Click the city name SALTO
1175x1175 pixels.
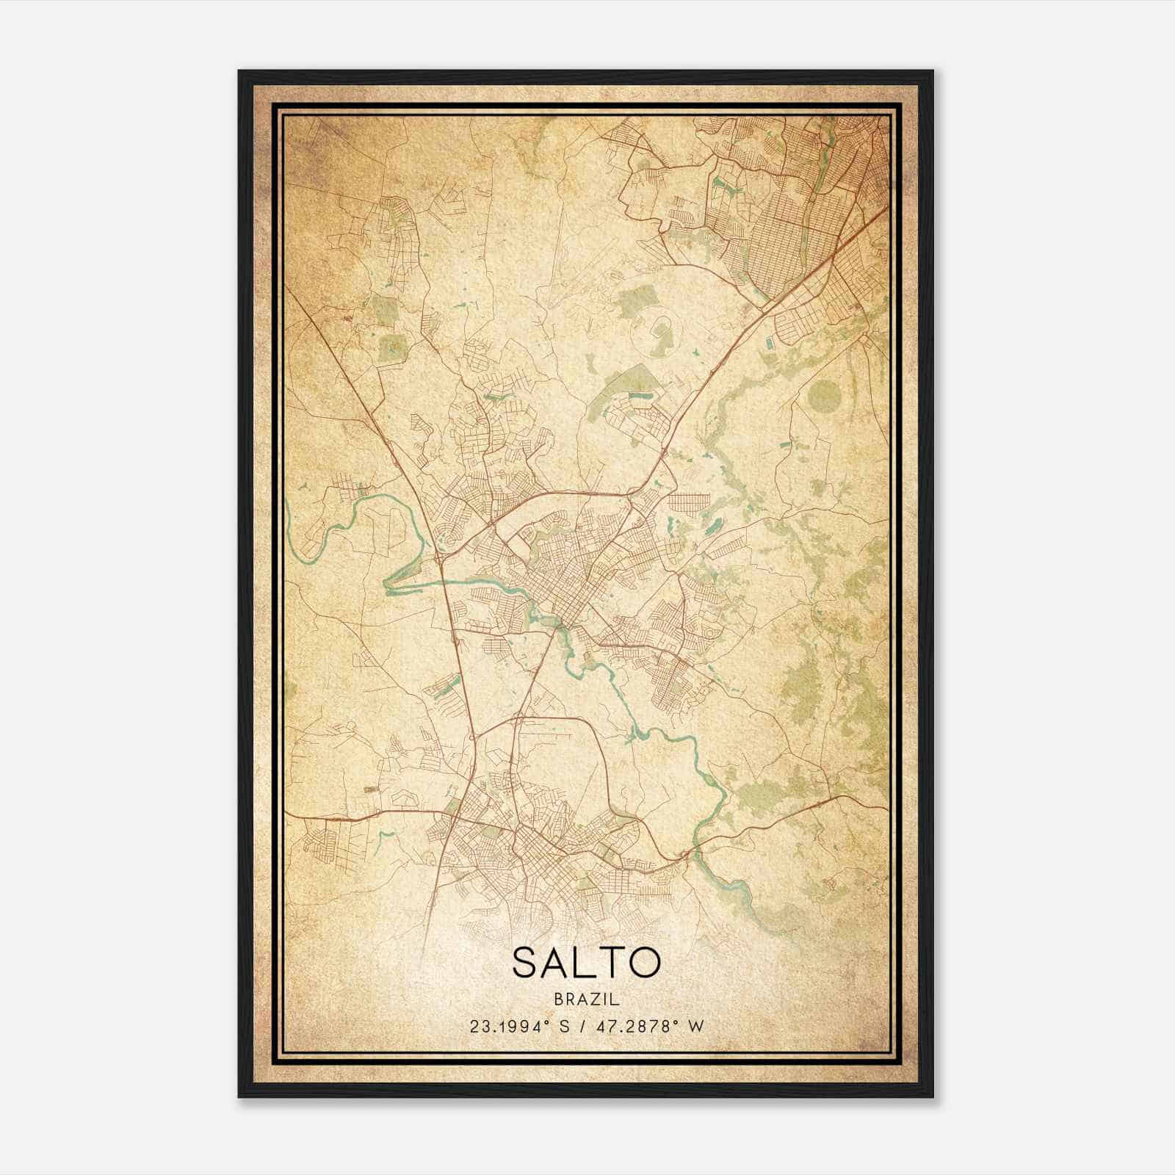586,963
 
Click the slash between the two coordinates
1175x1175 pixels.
582,1026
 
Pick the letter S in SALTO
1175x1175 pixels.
526,963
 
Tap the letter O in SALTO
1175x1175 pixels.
644,963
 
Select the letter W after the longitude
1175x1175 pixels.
697,1026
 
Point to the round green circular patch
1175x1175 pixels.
823,398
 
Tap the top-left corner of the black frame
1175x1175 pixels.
240,72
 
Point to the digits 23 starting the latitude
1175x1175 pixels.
478,1026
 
